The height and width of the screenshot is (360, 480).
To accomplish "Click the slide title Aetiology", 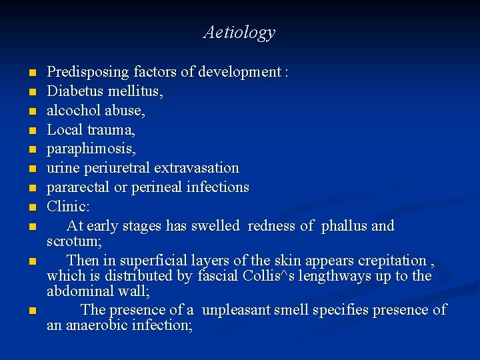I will click(239, 32).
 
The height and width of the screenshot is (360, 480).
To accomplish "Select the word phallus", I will click(343, 226).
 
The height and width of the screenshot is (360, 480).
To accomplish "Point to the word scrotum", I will click(73, 241).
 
